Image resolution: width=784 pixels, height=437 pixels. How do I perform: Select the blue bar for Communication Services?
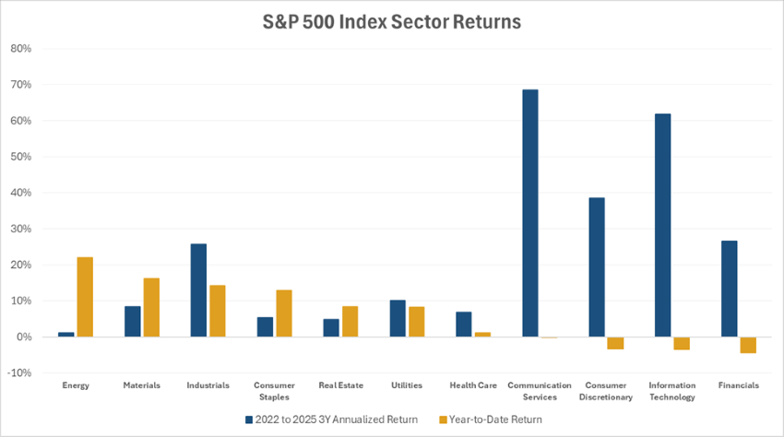(529, 213)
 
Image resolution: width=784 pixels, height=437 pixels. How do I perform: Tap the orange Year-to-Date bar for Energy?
(85, 297)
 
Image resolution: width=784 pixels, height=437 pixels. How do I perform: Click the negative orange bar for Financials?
(747, 345)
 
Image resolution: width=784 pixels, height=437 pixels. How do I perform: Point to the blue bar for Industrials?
(198, 290)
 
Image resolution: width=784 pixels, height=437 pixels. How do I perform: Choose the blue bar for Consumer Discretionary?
(596, 267)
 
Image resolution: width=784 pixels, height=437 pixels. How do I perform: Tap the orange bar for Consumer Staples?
(284, 313)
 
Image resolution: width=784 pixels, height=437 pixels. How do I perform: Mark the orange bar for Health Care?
(483, 335)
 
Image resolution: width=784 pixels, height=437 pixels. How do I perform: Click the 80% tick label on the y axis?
(20, 48)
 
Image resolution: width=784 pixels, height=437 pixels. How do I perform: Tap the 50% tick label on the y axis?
(20, 157)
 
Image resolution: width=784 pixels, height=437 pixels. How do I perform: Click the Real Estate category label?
(339, 385)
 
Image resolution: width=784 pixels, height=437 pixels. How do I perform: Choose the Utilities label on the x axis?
(406, 385)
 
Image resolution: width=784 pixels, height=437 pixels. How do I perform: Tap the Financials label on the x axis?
(738, 385)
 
